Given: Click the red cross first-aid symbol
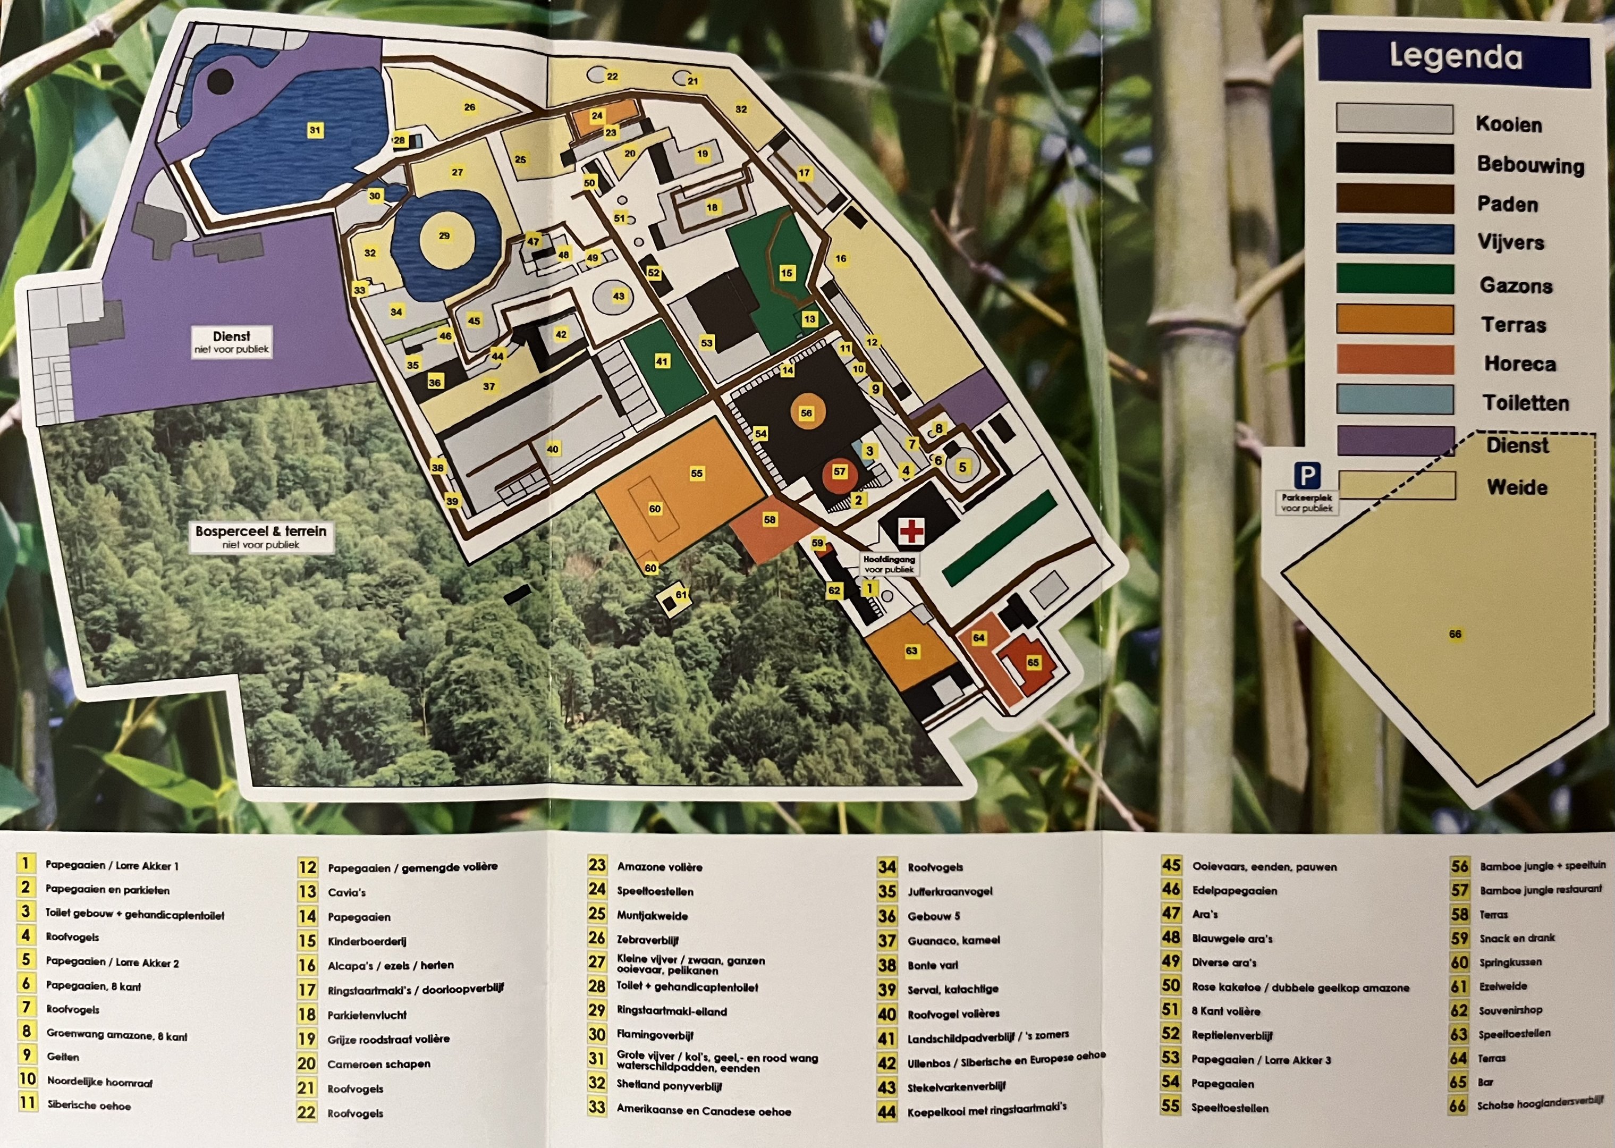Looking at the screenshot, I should (x=911, y=530).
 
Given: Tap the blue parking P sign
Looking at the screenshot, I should (x=1307, y=475).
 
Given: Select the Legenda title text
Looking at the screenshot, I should (x=1455, y=56).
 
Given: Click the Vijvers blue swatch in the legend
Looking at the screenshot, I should (x=1394, y=239).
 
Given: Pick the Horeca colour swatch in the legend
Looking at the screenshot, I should (x=1394, y=360).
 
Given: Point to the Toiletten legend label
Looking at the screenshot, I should (x=1525, y=403).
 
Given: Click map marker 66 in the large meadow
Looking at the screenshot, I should (x=1455, y=634).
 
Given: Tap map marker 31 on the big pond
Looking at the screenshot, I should (x=315, y=130).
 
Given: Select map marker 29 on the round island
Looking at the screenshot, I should (x=444, y=236).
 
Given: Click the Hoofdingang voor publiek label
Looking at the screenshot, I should (x=889, y=564).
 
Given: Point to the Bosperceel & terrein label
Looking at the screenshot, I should (x=261, y=536).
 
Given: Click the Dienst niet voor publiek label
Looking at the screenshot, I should (x=231, y=341).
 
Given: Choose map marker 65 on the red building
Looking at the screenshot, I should (x=1033, y=662).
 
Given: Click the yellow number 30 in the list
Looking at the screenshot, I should (x=597, y=1034).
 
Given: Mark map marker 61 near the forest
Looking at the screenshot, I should (x=681, y=595).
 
